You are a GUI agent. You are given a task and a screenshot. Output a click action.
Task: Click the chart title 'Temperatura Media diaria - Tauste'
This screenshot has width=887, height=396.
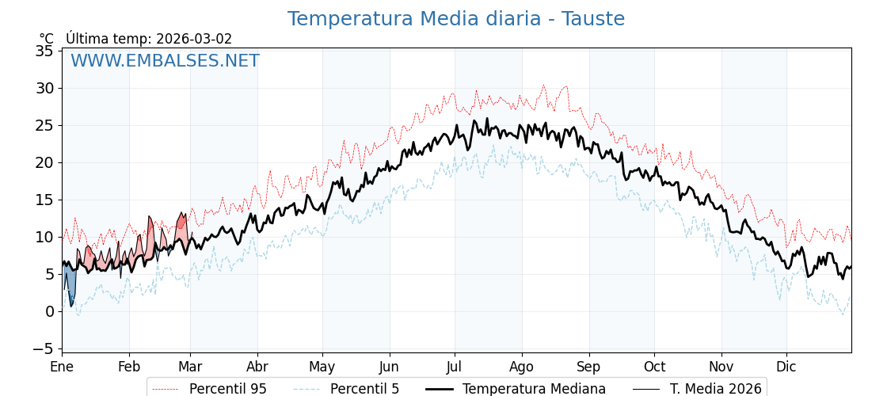(x=455, y=19)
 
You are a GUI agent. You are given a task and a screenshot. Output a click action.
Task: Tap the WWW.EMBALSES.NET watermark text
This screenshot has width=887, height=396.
(x=165, y=61)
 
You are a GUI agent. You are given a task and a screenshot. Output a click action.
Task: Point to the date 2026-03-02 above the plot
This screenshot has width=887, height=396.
(x=194, y=39)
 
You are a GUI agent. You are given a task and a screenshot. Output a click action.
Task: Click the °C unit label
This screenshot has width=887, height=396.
(x=47, y=39)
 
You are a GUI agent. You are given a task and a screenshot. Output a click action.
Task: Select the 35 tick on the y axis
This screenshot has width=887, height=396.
(x=44, y=51)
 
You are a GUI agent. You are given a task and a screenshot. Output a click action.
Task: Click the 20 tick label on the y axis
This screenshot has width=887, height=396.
(x=44, y=162)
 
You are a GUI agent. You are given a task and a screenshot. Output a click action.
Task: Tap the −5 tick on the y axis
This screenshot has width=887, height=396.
(x=44, y=348)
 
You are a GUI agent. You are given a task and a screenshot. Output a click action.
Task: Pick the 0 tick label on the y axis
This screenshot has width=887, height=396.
(x=49, y=311)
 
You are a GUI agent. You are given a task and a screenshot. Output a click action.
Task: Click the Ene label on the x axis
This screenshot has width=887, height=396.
(x=62, y=367)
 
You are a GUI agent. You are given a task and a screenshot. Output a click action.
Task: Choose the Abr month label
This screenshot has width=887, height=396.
(x=257, y=367)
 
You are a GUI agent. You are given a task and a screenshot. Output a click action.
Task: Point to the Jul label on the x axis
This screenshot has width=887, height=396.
(x=455, y=367)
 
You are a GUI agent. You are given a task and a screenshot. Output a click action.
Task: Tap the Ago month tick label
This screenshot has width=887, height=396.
(x=522, y=367)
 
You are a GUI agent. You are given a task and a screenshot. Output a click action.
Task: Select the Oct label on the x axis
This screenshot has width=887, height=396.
(x=654, y=367)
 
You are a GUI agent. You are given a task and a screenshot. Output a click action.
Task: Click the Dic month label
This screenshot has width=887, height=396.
(x=786, y=367)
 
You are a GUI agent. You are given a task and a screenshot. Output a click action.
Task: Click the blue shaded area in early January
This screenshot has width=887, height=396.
(x=69, y=281)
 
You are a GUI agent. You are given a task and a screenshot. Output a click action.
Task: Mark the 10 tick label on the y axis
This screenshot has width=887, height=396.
(x=44, y=237)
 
